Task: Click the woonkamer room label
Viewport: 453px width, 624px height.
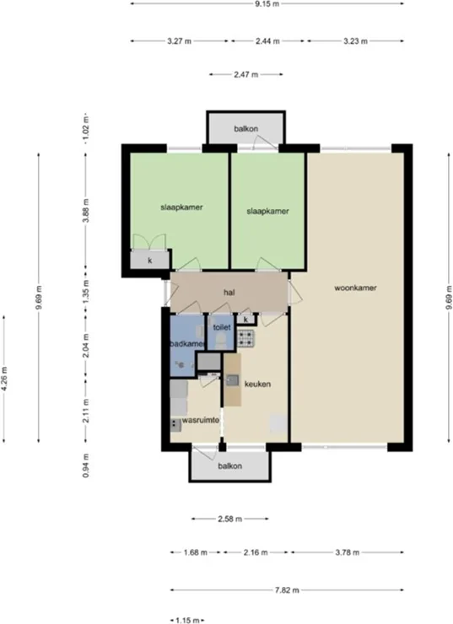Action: click(354, 288)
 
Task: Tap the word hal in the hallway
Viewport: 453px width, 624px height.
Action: click(229, 293)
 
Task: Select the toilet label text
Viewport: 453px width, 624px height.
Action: click(222, 326)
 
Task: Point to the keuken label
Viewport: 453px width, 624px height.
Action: click(256, 384)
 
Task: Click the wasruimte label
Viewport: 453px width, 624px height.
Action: click(202, 419)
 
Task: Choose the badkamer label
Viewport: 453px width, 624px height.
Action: click(186, 344)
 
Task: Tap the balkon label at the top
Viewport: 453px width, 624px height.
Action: click(245, 129)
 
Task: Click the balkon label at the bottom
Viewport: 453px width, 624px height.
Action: click(229, 465)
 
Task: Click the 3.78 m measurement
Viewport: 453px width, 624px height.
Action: click(347, 553)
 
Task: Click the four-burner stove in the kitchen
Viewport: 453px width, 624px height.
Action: click(246, 338)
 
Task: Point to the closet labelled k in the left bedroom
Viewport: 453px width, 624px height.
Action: click(150, 261)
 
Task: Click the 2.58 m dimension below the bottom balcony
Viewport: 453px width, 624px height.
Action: click(229, 519)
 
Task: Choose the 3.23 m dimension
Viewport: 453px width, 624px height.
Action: click(356, 40)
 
